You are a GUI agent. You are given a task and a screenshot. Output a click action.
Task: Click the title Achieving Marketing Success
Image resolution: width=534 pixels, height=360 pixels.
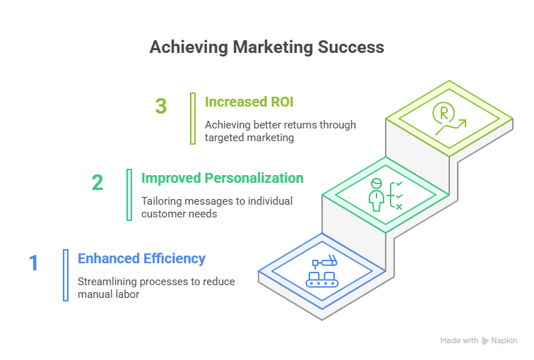267,47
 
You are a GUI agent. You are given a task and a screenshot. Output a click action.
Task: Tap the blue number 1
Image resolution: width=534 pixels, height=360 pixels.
33,263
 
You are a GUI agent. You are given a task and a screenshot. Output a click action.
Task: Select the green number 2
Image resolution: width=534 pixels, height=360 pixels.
97,182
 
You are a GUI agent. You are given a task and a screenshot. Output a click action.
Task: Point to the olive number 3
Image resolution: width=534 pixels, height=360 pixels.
161,106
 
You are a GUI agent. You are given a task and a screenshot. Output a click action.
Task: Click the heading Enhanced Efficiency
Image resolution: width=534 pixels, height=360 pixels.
141,258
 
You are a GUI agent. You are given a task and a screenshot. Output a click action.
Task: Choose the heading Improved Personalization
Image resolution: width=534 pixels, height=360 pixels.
222,179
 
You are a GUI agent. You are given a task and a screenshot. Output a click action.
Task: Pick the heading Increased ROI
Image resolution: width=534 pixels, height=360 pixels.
249,102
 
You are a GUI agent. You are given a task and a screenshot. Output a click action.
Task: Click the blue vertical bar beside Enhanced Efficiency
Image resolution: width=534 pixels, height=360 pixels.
66,275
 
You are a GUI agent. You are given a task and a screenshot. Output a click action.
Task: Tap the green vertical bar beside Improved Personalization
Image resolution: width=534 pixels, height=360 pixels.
129,195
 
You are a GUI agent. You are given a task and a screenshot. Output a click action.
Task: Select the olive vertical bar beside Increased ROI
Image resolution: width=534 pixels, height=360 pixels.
193,119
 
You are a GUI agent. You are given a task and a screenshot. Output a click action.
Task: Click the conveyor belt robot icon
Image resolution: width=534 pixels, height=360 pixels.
322,271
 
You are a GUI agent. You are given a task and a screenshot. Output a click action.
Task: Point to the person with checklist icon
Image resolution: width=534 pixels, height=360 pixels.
386,195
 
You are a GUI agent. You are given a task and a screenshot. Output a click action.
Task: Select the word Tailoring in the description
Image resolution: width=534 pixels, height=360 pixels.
162,201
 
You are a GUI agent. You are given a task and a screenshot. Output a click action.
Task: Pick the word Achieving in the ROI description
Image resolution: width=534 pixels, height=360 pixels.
227,125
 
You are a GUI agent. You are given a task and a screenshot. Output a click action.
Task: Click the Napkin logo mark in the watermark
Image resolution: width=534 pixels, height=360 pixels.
485,341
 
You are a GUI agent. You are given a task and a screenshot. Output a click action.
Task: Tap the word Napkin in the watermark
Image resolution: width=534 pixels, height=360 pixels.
504,341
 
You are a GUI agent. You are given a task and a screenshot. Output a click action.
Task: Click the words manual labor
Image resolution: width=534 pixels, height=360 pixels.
108,294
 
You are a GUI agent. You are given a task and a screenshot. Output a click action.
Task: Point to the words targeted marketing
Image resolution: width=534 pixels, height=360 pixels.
249,138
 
